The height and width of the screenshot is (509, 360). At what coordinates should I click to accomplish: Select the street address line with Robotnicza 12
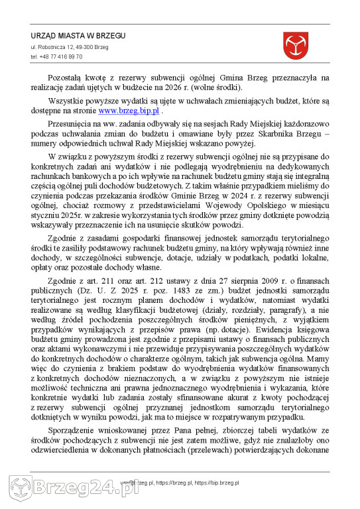click(x=70, y=48)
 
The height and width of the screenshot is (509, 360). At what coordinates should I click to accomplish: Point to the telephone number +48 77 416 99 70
click(x=56, y=57)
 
